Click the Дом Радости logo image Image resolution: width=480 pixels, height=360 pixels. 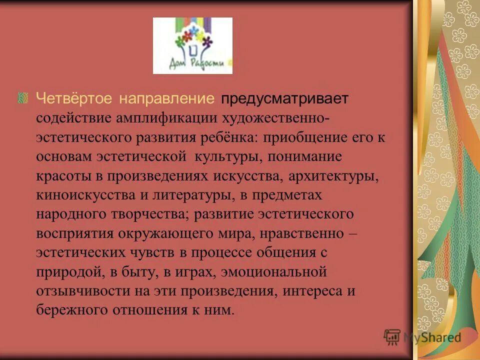pyautogui.click(x=192, y=45)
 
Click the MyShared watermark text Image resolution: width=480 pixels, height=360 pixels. pyautogui.click(x=432, y=338)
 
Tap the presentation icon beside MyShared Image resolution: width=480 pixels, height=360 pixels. pyautogui.click(x=392, y=337)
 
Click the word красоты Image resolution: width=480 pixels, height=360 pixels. pyautogui.click(x=59, y=176)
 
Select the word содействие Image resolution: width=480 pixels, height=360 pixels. pyautogui.click(x=73, y=118)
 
